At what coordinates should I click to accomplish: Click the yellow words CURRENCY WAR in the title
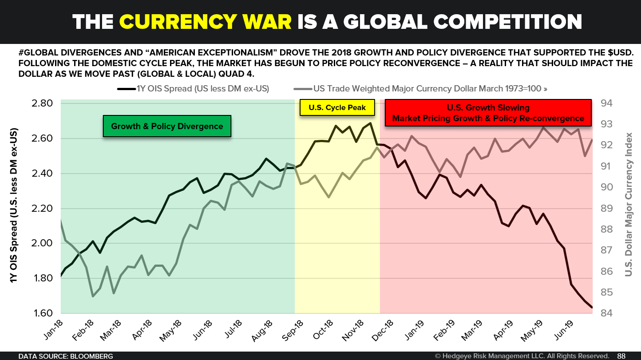click(205, 21)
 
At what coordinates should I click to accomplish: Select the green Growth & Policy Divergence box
click(167, 127)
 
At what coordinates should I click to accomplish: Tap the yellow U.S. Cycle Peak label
click(336, 108)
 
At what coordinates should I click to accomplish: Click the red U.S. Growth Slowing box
click(488, 113)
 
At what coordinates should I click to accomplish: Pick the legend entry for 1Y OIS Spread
click(194, 88)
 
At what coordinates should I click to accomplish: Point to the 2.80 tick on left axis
click(43, 103)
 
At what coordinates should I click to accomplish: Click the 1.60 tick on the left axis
click(43, 313)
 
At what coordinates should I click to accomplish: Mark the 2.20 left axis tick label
click(43, 209)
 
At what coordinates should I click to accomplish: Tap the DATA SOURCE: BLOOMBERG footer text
click(65, 356)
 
